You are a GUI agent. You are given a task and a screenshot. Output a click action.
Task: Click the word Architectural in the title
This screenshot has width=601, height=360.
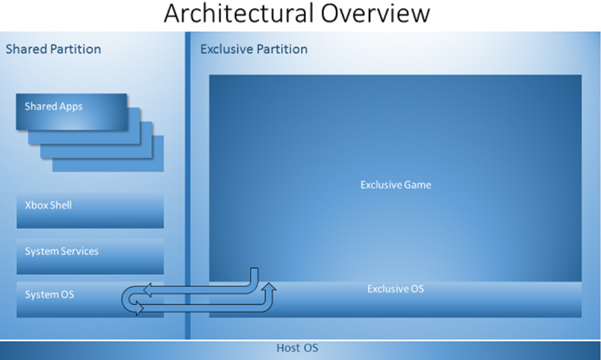coord(239,13)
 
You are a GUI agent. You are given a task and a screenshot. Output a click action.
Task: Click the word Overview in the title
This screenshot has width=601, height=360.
coord(376,13)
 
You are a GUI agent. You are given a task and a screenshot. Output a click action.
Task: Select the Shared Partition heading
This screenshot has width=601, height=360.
coord(53,49)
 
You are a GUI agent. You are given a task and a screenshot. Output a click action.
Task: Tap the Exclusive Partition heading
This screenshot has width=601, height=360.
coord(254,49)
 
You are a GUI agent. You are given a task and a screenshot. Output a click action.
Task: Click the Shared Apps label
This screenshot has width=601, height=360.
coord(54,107)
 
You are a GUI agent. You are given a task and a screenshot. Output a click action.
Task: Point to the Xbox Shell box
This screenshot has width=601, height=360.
coord(90,211)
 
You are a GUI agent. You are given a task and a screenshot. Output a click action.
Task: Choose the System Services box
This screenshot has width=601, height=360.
coord(90,257)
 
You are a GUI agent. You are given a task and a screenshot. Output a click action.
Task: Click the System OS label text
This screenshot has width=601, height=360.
coord(50,294)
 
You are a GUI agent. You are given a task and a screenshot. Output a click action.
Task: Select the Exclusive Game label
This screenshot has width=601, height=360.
coord(396,184)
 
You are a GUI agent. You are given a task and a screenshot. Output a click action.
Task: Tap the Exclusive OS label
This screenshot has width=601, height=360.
coord(396,289)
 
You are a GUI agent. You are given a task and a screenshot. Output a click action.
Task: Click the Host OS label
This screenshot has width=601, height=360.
coord(297,348)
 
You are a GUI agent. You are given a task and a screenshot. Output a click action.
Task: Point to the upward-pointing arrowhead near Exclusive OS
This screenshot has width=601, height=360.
coord(270,287)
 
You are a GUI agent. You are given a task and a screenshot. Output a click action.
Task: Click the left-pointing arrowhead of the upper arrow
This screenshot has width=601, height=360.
coord(147,290)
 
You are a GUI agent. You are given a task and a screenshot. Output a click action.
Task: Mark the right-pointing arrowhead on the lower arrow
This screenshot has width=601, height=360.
coord(139,307)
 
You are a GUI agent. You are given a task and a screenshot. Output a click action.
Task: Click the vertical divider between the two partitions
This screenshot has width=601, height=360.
coord(188,185)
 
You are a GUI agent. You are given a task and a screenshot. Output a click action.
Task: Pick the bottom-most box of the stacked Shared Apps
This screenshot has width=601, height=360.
coord(108,154)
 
